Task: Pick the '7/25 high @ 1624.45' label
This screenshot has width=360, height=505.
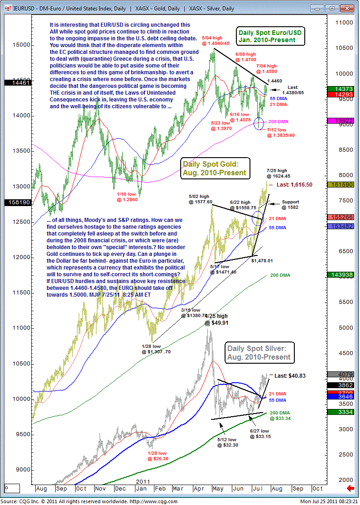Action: [278, 173]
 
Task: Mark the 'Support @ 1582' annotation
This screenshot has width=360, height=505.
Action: [290, 205]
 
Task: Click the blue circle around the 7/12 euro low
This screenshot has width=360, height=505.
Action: [259, 123]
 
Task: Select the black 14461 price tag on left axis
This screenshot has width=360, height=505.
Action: [10, 83]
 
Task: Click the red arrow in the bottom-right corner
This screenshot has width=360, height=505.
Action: [350, 488]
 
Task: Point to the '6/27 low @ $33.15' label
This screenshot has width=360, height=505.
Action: [259, 433]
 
